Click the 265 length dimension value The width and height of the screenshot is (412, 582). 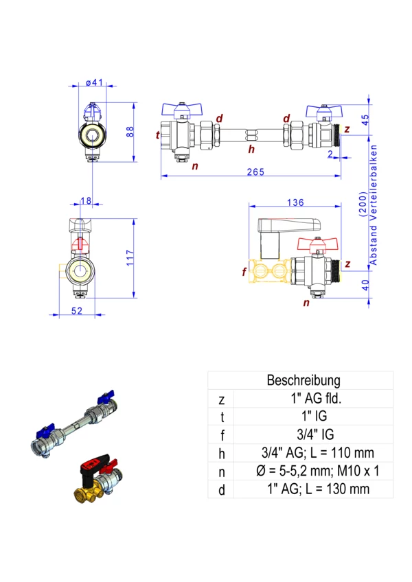254,172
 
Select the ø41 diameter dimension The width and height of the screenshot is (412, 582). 94,83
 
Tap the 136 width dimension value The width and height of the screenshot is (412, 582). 295,202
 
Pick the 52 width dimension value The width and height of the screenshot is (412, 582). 76,312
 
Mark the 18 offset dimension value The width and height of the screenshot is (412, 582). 86,200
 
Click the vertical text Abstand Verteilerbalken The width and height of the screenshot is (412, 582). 374,205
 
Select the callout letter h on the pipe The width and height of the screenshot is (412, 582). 251,149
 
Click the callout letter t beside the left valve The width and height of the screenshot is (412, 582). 157,135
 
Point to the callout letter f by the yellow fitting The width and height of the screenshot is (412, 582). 244,272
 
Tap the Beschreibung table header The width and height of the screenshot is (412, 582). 303,380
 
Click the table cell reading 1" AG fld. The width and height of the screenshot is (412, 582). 315,398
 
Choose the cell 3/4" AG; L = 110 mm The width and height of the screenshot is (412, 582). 315,452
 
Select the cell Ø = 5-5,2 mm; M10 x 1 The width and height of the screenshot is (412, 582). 315,470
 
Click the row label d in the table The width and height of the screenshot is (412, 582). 220,489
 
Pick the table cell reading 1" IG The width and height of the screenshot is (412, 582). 315,416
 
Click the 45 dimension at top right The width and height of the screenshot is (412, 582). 365,117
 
